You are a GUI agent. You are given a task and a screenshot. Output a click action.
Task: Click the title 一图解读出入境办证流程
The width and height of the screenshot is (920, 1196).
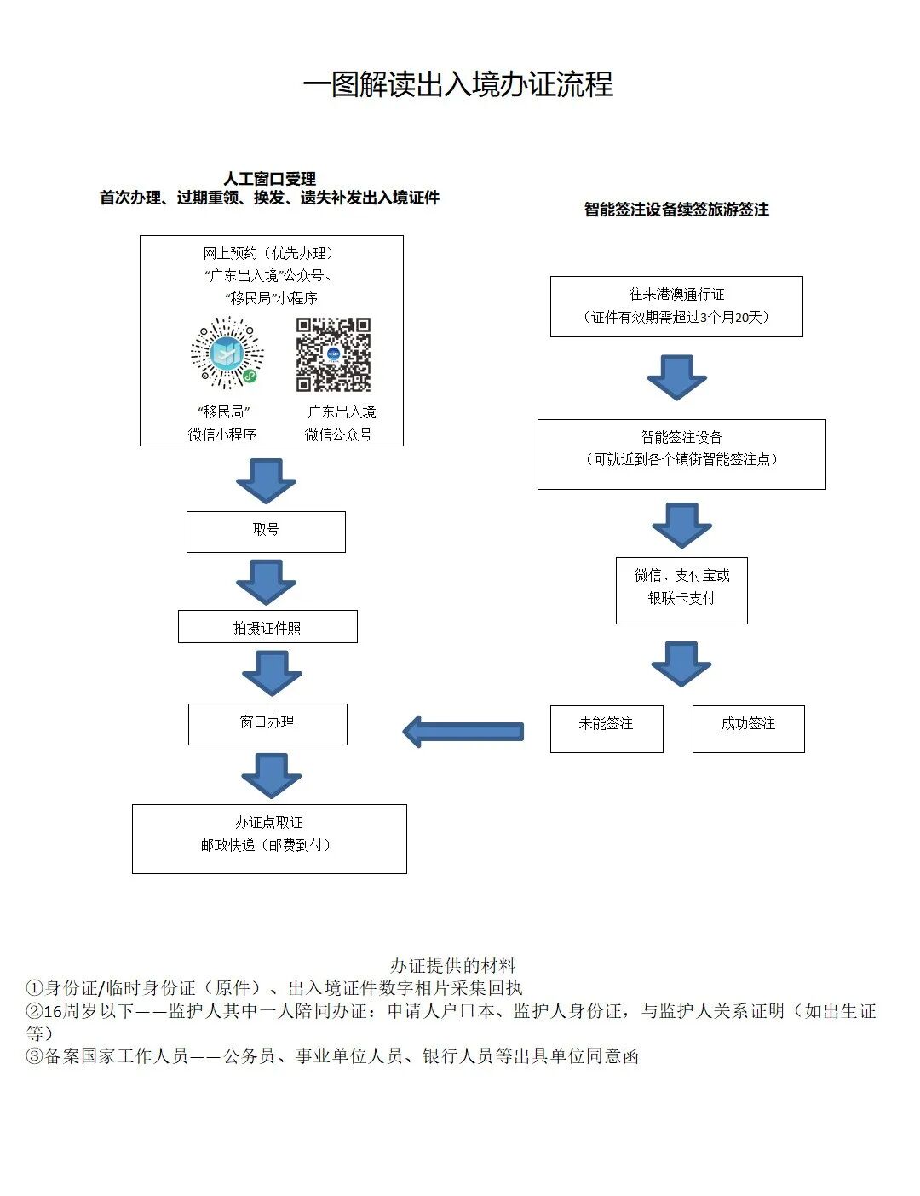click(x=458, y=84)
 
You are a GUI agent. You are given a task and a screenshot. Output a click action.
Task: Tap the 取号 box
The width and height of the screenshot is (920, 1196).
click(x=266, y=531)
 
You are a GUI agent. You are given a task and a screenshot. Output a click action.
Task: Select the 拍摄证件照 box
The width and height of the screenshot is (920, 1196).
click(x=267, y=627)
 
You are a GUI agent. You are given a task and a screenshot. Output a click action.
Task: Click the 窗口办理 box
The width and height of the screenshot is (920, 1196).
click(x=267, y=723)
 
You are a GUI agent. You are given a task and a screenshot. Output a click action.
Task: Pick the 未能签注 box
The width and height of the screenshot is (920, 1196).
click(x=606, y=727)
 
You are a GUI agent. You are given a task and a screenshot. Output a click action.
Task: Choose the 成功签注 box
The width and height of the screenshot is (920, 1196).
click(x=748, y=727)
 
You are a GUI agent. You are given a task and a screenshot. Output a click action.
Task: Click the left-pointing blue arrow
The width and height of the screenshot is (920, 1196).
click(x=463, y=731)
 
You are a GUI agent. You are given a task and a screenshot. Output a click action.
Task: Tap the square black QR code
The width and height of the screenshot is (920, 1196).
click(x=333, y=354)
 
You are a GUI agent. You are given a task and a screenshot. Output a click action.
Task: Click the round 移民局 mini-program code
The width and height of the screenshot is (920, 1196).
click(x=227, y=352)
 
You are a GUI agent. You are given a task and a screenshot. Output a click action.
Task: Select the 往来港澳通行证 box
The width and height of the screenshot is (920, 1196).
click(x=676, y=306)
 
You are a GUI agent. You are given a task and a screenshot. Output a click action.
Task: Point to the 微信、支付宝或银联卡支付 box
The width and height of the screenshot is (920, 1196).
click(x=681, y=589)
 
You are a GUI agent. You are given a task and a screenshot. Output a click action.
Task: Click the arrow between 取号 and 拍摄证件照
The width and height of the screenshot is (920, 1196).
click(x=266, y=582)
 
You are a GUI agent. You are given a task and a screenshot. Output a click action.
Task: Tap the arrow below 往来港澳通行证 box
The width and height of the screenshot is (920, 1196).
click(x=676, y=377)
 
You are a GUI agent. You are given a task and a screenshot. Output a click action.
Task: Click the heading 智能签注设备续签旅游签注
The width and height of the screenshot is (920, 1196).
click(x=676, y=210)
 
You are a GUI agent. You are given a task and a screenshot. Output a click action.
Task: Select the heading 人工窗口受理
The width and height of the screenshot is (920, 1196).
click(x=269, y=179)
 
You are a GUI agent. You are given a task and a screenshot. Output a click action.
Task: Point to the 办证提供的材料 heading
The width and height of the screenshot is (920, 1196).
click(x=452, y=965)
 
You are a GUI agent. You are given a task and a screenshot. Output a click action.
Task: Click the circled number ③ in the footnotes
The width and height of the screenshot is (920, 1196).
click(x=34, y=1056)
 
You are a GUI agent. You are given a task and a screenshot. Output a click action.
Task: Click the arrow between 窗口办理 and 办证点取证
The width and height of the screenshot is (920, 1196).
click(x=271, y=773)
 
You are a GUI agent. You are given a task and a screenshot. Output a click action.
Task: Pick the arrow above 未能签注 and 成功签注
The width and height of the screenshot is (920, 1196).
click(x=681, y=664)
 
